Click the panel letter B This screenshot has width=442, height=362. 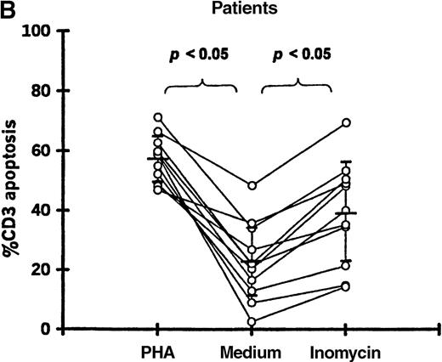click(8, 8)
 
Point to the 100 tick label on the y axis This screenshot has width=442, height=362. click(37, 31)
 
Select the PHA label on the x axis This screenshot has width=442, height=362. click(157, 351)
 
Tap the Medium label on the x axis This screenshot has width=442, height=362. click(252, 351)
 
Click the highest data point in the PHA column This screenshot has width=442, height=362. click(157, 117)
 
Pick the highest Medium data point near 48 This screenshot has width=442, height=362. click(252, 185)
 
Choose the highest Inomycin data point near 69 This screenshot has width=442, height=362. click(347, 123)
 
